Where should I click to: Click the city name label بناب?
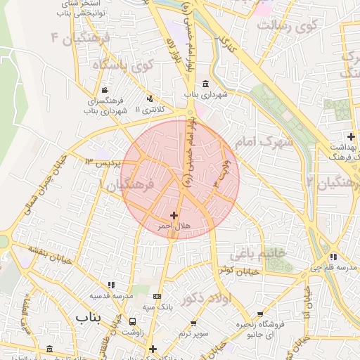(x=88, y=318)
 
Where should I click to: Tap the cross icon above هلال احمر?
(x=174, y=214)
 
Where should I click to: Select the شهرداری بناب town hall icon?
(x=205, y=82)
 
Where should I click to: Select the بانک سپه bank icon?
(x=156, y=296)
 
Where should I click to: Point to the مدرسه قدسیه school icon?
(x=111, y=285)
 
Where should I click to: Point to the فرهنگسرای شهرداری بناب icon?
(x=105, y=90)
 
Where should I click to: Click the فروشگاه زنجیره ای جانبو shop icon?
(x=261, y=314)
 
